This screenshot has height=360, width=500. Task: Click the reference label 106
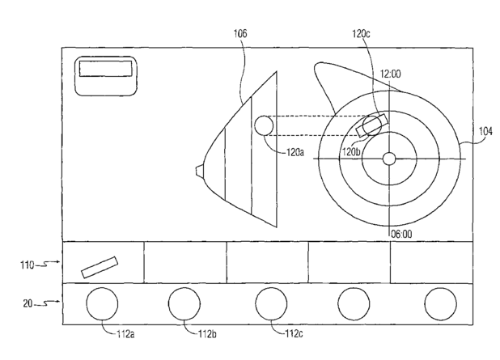(241, 34)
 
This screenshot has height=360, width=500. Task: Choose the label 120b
(350, 150)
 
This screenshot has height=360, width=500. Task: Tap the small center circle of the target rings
(389, 159)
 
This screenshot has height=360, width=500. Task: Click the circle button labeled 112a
(102, 303)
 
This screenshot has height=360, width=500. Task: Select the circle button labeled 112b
(184, 303)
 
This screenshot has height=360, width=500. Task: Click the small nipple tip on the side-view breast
(198, 169)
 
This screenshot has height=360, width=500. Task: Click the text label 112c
(292, 331)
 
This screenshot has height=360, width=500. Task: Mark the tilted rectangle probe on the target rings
(371, 125)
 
